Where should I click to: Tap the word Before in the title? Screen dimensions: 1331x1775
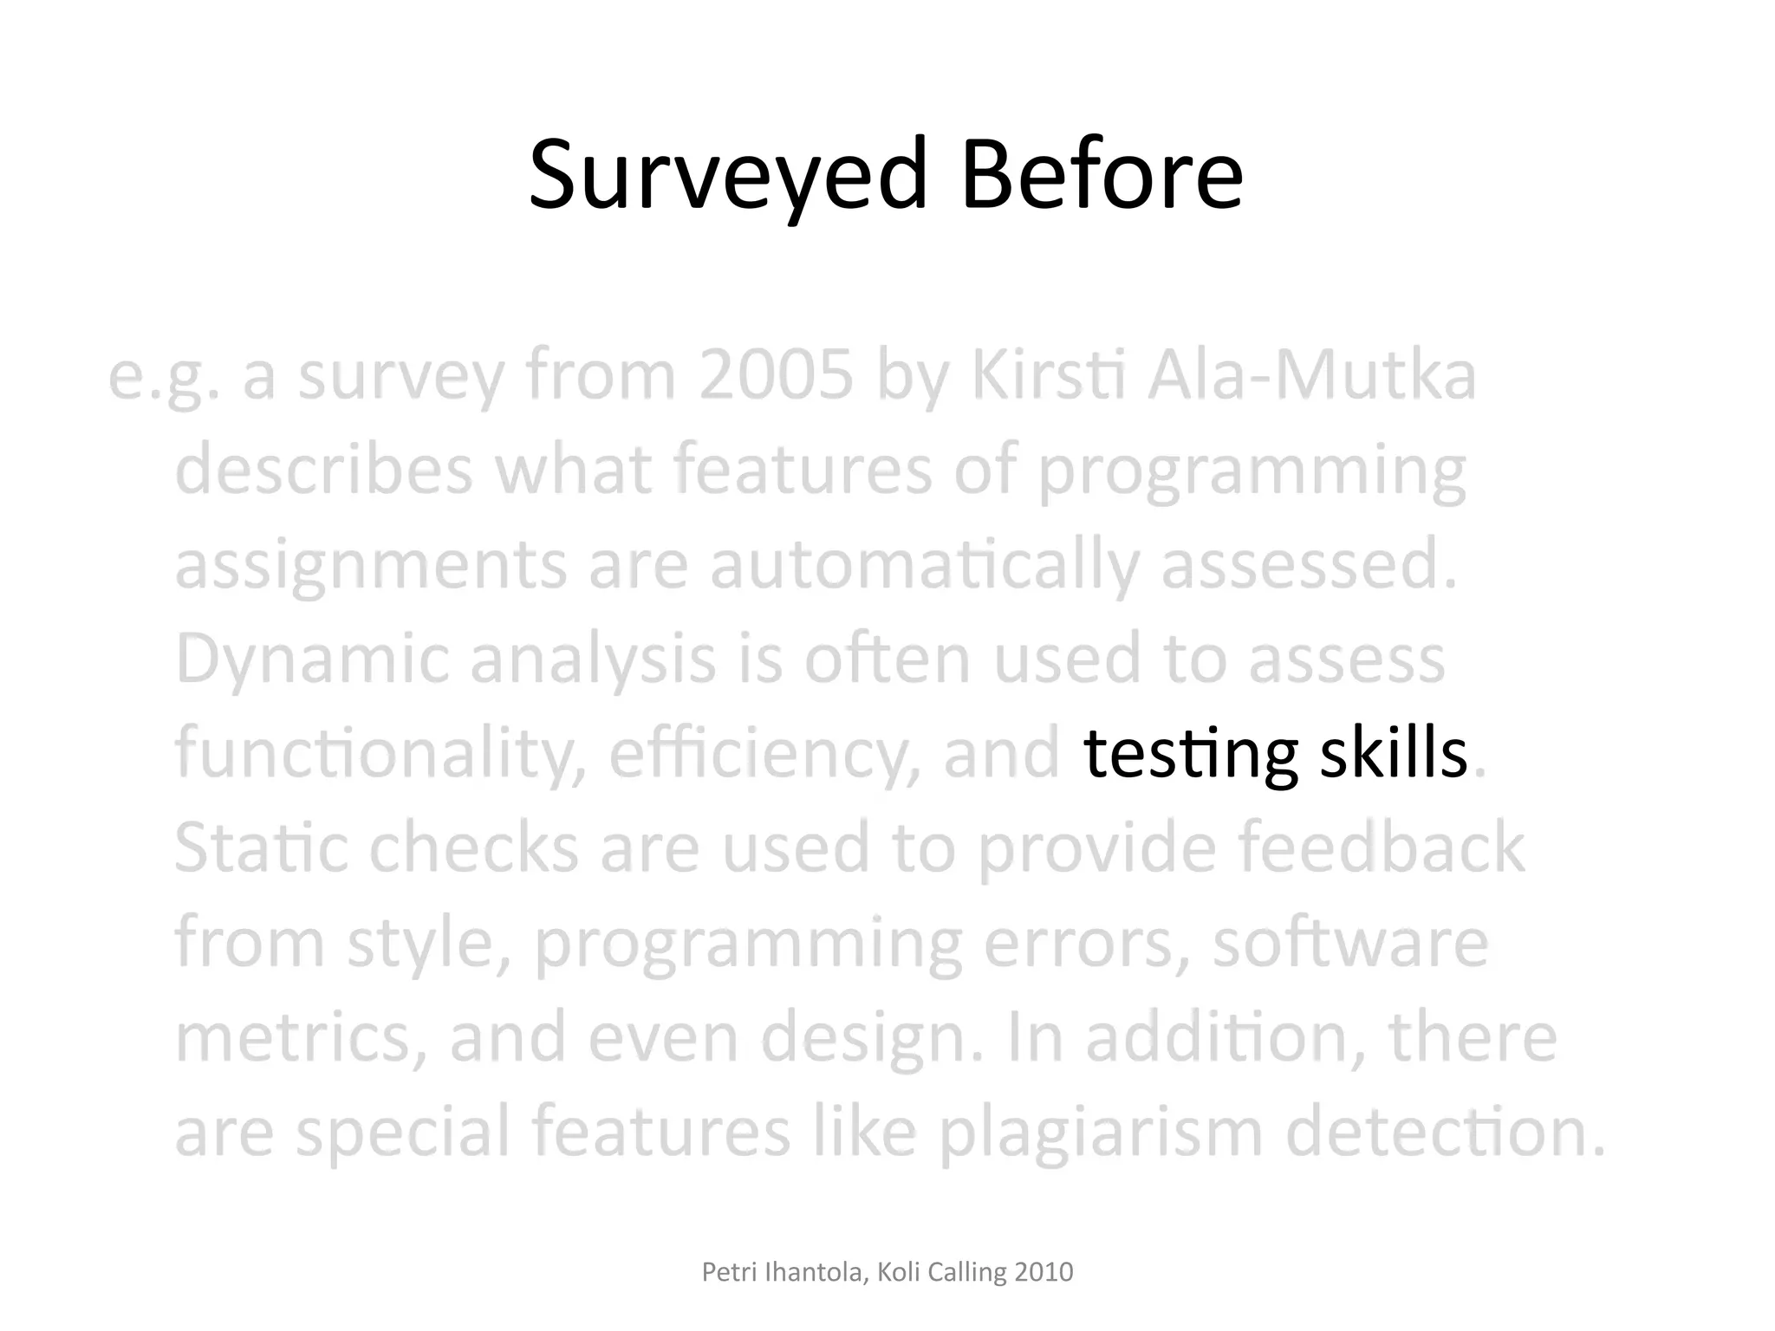tap(1102, 176)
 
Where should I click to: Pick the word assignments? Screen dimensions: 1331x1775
tap(371, 564)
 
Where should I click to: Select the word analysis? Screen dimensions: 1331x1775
tap(593, 659)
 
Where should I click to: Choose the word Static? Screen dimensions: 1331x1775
tap(260, 847)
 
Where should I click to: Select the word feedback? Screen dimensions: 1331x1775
tap(1381, 847)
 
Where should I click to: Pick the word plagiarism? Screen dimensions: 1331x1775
tap(1101, 1132)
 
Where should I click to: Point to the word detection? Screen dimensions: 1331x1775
tap(1446, 1132)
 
